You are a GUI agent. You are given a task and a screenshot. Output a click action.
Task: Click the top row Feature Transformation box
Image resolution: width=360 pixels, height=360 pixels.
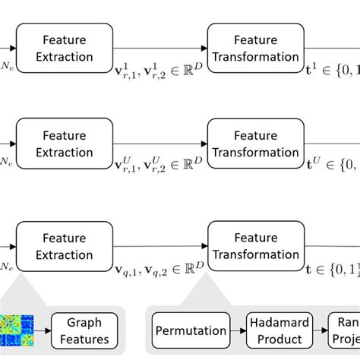point(255,47)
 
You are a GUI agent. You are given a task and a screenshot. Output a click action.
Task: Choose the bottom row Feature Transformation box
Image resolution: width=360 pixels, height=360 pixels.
point(255,245)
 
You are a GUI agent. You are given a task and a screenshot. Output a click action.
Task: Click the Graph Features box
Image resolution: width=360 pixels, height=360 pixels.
point(84,330)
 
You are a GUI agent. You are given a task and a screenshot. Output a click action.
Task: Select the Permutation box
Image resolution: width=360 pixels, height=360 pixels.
point(191,330)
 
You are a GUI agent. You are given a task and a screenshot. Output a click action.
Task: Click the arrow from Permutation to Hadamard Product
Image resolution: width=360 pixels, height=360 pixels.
point(238,330)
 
